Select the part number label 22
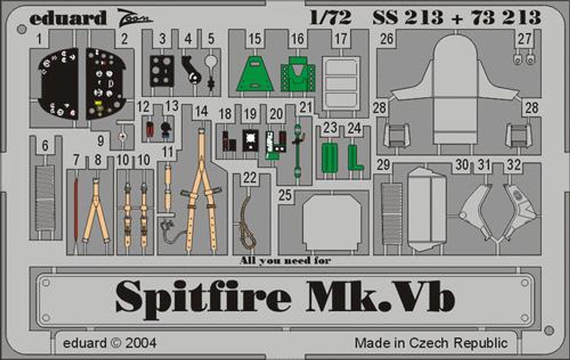pos(249,178)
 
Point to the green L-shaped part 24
pos(355,158)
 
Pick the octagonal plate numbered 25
pos(332,222)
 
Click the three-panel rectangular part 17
pos(341,83)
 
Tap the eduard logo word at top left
pos(68,18)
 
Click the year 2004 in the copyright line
pos(141,343)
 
